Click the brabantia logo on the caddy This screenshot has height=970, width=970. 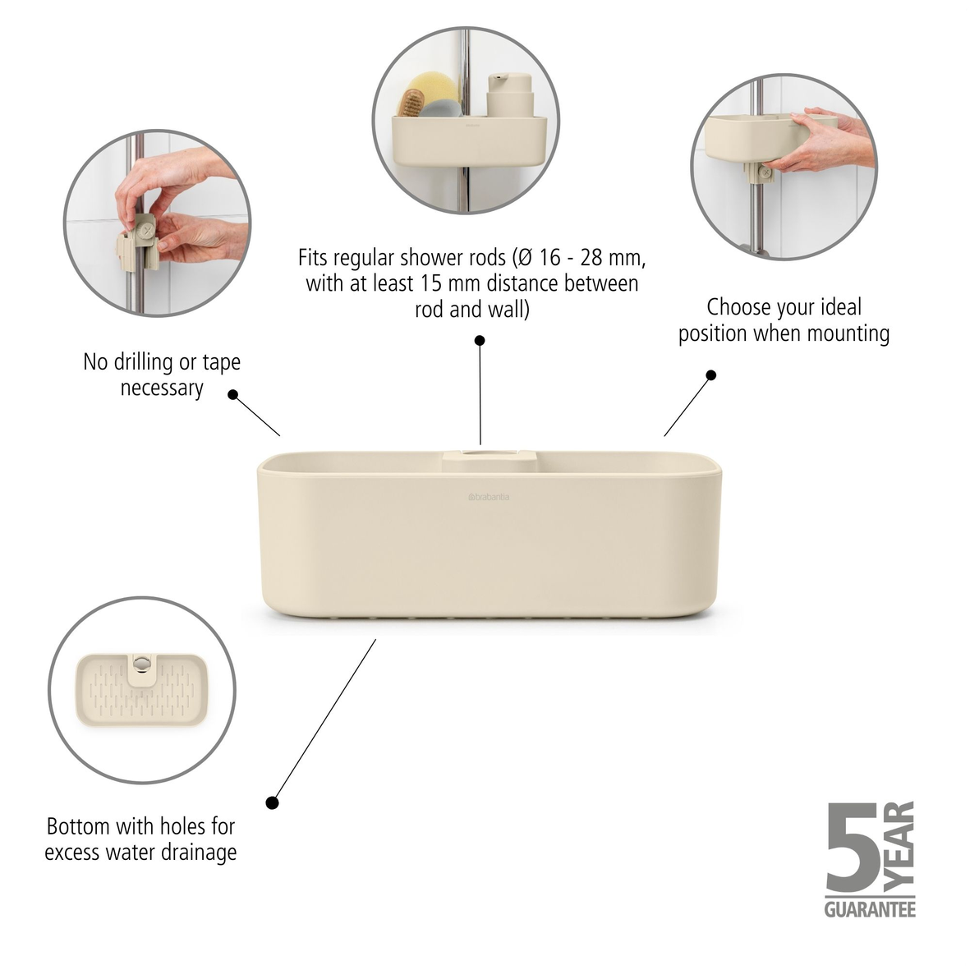click(x=488, y=497)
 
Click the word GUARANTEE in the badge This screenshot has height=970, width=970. click(x=870, y=909)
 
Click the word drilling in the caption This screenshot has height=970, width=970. click(x=145, y=362)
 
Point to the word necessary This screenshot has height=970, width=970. click(x=162, y=388)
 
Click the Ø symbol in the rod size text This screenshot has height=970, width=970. click(x=522, y=258)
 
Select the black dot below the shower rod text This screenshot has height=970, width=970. click(x=480, y=340)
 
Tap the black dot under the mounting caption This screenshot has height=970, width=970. click(x=711, y=375)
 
